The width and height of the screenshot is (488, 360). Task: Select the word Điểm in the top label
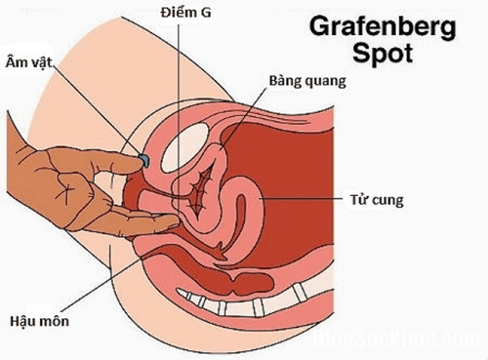tap(173, 13)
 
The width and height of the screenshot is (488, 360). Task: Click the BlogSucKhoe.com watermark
tap(390, 341)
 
